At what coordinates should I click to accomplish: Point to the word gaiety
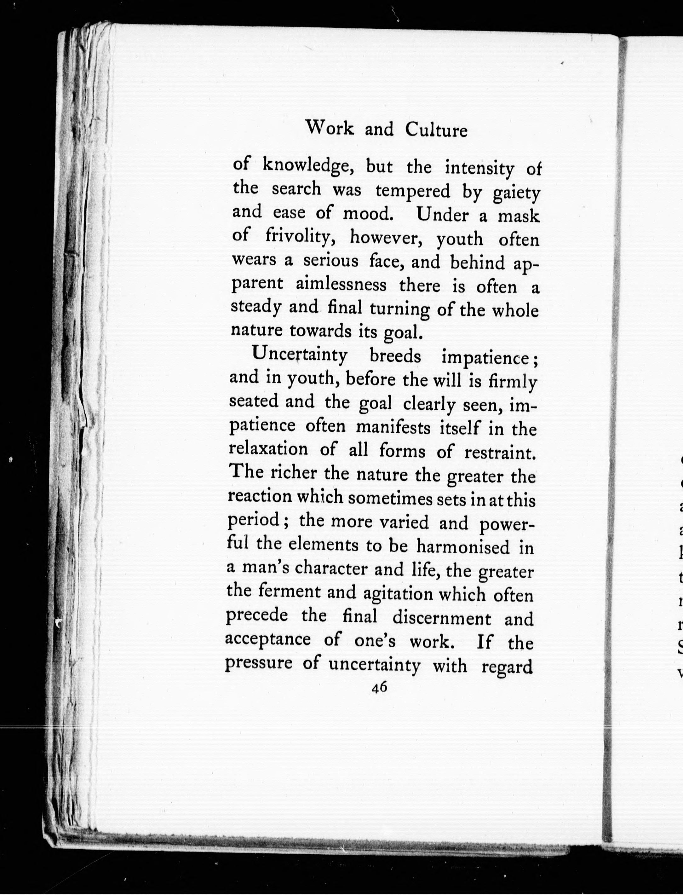tap(516, 193)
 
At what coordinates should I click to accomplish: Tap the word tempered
tap(413, 191)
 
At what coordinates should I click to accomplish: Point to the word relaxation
tap(268, 449)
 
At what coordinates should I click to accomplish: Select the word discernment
tap(441, 618)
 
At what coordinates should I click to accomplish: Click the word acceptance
tap(268, 639)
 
